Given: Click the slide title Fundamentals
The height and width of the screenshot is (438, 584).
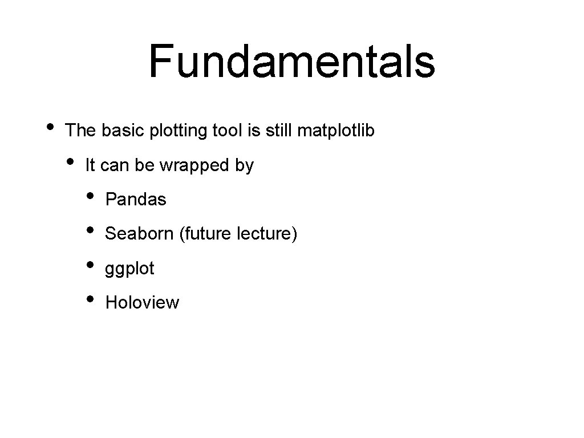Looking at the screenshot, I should click(x=291, y=62).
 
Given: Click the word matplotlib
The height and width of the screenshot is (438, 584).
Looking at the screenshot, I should click(x=336, y=131).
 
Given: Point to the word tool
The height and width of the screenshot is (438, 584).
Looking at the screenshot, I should click(x=227, y=131).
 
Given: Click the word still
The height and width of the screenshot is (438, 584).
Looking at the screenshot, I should click(x=278, y=131).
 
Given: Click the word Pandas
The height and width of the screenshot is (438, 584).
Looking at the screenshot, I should click(x=136, y=200).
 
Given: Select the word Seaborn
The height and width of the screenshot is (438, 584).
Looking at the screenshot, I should click(x=140, y=234).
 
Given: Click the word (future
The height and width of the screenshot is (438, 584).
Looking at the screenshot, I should click(x=197, y=234).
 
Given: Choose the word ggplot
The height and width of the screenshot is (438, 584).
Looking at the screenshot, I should click(x=129, y=269).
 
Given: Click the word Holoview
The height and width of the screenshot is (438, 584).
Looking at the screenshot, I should click(x=142, y=302).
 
